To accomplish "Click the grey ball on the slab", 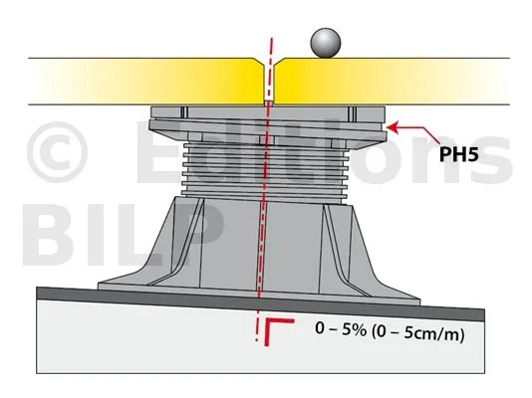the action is coord(325,43).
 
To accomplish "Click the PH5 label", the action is coord(458,154).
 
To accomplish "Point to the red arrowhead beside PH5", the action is coord(393,127).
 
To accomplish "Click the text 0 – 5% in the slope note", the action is coord(341,329).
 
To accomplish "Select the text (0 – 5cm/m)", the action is coord(418,333).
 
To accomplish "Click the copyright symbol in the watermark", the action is coord(57,152).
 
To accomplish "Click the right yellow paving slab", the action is coord(392,82).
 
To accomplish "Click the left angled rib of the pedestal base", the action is coord(176,242).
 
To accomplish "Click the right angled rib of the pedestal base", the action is coord(346,249).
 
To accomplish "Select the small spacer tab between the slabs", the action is coord(269,103).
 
